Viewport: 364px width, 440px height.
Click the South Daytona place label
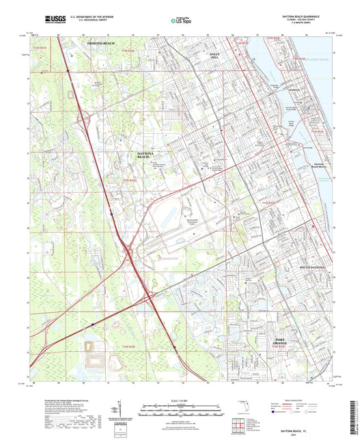click(311, 267)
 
